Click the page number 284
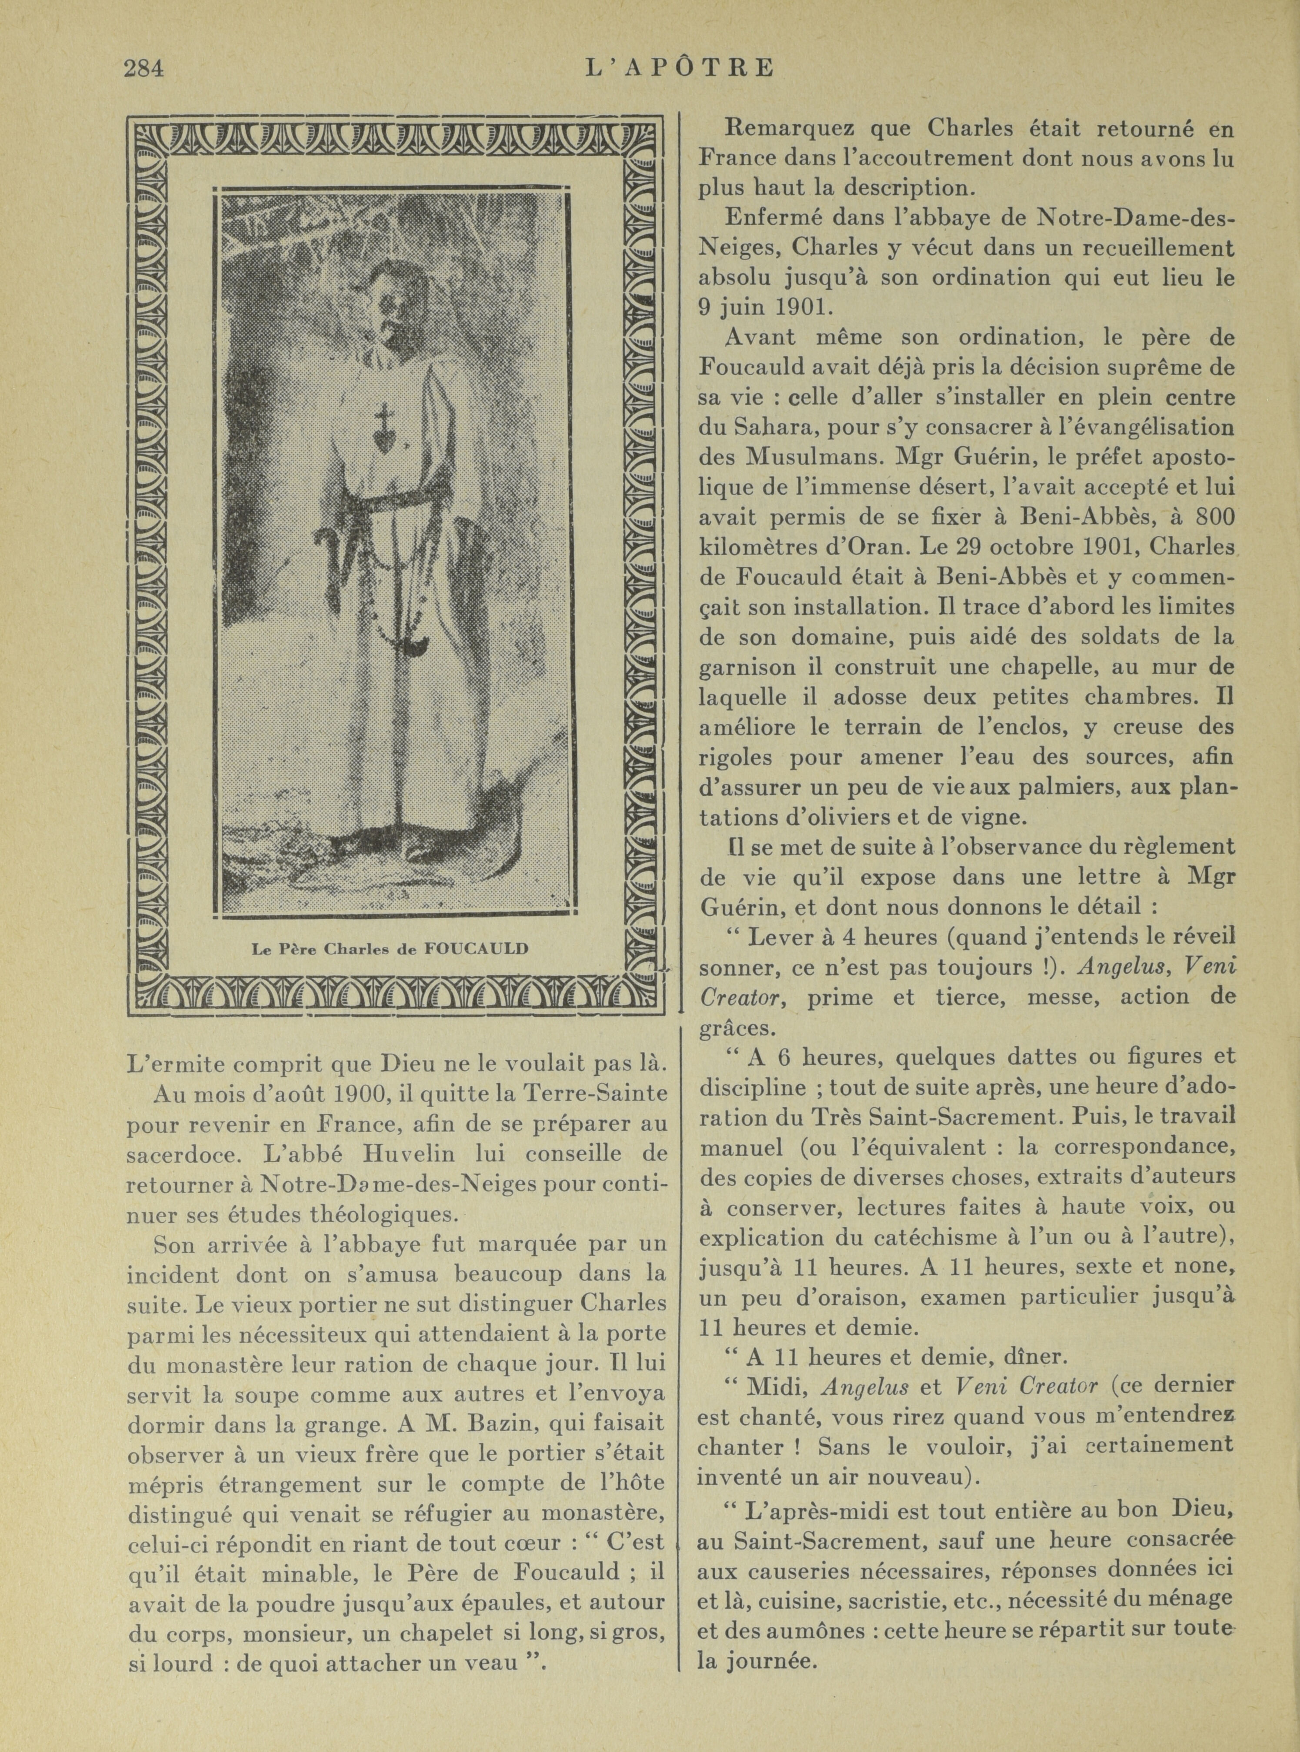click(x=143, y=68)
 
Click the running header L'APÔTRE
click(x=680, y=68)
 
